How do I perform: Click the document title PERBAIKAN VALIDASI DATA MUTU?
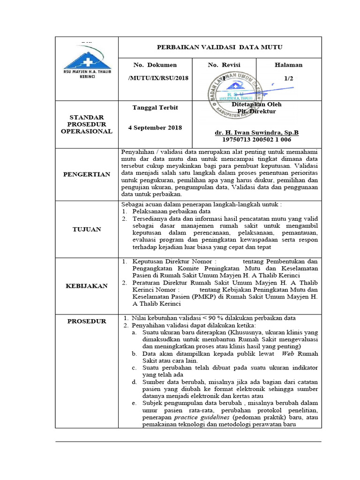(x=219, y=47)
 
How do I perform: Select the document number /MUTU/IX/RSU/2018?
(x=158, y=78)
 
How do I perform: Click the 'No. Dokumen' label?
(x=155, y=65)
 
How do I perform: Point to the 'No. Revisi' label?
(x=223, y=65)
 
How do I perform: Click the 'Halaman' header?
(x=288, y=65)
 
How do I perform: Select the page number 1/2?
(x=288, y=78)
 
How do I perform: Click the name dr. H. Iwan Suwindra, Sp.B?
(x=256, y=133)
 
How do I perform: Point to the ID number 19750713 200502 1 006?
(x=256, y=140)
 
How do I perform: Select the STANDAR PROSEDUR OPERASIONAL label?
(x=86, y=124)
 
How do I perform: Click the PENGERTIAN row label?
(x=86, y=174)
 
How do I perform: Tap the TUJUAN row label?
(x=86, y=229)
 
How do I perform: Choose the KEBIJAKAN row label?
(x=86, y=285)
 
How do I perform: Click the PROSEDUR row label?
(x=86, y=321)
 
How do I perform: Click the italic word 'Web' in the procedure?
(x=288, y=353)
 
